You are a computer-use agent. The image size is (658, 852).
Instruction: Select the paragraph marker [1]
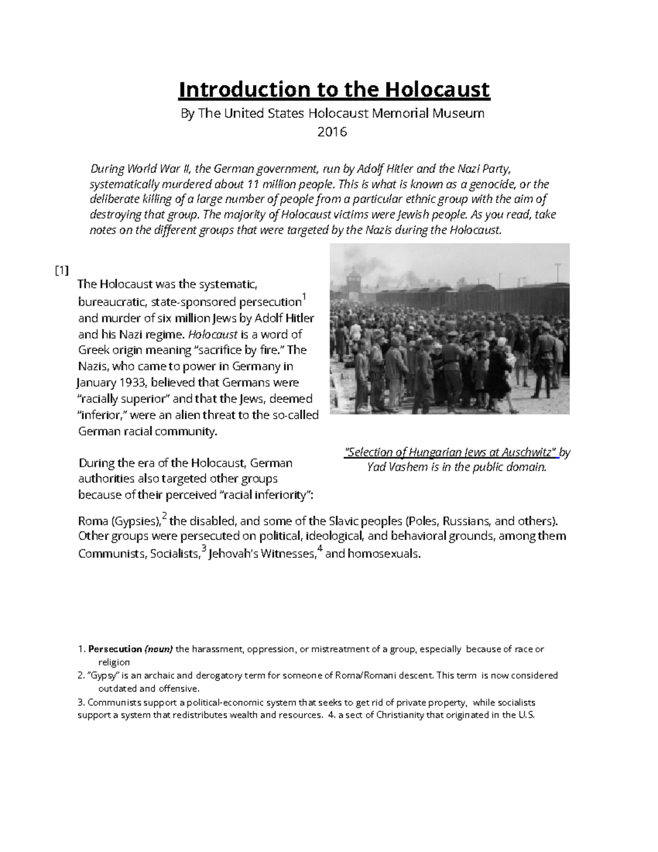[x=61, y=270]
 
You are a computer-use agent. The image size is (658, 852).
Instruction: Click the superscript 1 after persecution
[x=305, y=298]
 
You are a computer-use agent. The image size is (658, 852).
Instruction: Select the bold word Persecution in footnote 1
[x=115, y=650]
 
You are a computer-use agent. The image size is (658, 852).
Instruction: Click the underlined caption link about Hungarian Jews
[x=451, y=453]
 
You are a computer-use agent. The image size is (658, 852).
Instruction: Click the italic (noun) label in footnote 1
[x=158, y=650]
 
